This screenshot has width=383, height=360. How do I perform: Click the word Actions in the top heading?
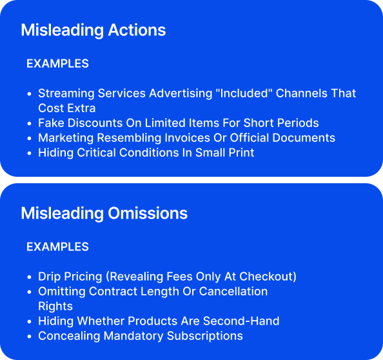click(137, 30)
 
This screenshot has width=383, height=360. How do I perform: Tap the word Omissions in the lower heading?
click(148, 214)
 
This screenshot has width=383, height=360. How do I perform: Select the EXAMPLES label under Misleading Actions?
click(57, 63)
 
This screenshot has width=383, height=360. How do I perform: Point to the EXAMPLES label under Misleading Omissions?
click(57, 247)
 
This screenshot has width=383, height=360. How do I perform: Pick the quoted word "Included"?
click(244, 94)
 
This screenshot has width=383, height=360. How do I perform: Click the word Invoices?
click(188, 138)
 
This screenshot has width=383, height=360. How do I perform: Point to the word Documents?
click(304, 138)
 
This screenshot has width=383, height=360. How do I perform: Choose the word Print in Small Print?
click(241, 153)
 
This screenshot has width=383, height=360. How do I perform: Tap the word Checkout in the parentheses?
click(266, 277)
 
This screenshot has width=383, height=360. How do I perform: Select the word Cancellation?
click(233, 292)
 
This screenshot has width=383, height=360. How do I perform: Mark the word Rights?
click(55, 306)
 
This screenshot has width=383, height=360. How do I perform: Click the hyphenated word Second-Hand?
click(241, 321)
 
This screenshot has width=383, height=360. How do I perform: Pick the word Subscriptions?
click(205, 336)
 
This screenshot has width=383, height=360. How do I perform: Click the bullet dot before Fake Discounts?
click(29, 124)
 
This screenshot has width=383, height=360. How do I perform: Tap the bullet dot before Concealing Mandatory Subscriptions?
click(29, 337)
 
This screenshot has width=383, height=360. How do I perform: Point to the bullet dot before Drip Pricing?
click(29, 277)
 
